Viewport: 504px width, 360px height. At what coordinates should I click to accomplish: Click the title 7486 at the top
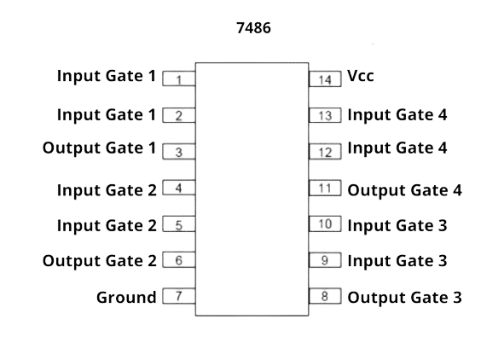click(252, 28)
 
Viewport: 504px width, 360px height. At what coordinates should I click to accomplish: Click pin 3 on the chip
click(178, 153)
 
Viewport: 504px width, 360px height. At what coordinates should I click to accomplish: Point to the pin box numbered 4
click(178, 189)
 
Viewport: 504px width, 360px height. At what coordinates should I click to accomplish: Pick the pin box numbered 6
click(178, 261)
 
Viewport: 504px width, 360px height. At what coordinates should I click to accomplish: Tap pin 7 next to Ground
click(178, 297)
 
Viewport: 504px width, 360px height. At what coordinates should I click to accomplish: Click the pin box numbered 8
click(325, 297)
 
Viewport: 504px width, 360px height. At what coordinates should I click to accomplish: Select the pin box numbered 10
click(325, 225)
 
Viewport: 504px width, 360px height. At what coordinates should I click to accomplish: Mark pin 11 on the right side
click(325, 189)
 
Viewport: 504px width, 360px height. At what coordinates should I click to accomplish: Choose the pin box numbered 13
click(325, 115)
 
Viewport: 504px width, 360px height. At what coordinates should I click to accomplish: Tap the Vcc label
click(361, 76)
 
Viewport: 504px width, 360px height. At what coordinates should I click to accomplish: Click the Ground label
click(126, 298)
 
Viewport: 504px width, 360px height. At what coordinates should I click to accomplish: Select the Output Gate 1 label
click(100, 148)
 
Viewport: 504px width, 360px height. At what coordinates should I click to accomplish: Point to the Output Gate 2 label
click(100, 261)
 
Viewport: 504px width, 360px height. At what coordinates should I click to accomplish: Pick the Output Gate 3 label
click(404, 298)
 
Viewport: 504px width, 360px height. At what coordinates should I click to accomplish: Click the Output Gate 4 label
click(404, 189)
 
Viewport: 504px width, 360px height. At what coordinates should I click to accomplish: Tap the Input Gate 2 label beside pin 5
click(107, 225)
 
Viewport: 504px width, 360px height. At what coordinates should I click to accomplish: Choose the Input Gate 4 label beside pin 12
click(397, 148)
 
